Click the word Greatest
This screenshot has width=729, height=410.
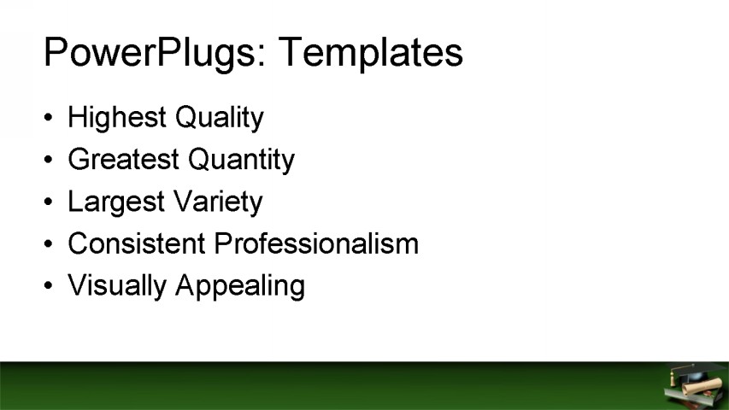(123, 160)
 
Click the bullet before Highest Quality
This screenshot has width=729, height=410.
(50, 118)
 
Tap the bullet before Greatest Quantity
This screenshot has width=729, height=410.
(50, 160)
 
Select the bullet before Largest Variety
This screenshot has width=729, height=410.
(50, 202)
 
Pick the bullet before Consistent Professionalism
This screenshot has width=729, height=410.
(50, 243)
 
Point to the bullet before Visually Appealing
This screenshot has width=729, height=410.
(50, 285)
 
